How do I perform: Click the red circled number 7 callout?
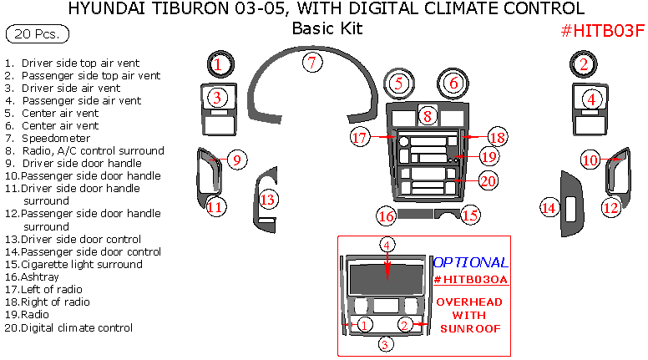pos(311,62)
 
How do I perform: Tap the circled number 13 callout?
pos(267,200)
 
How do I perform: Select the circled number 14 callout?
pos(549,207)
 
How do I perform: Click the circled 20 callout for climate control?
pos(488,180)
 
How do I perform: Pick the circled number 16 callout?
pos(386,216)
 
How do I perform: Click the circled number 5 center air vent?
pos(400,83)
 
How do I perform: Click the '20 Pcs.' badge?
pos(38,35)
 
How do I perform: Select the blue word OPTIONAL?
pos(470,262)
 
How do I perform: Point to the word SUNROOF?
pos(470,328)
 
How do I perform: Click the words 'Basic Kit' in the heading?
pos(327,28)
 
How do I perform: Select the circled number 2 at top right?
pos(585,63)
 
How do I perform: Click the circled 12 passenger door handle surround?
pos(612,207)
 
